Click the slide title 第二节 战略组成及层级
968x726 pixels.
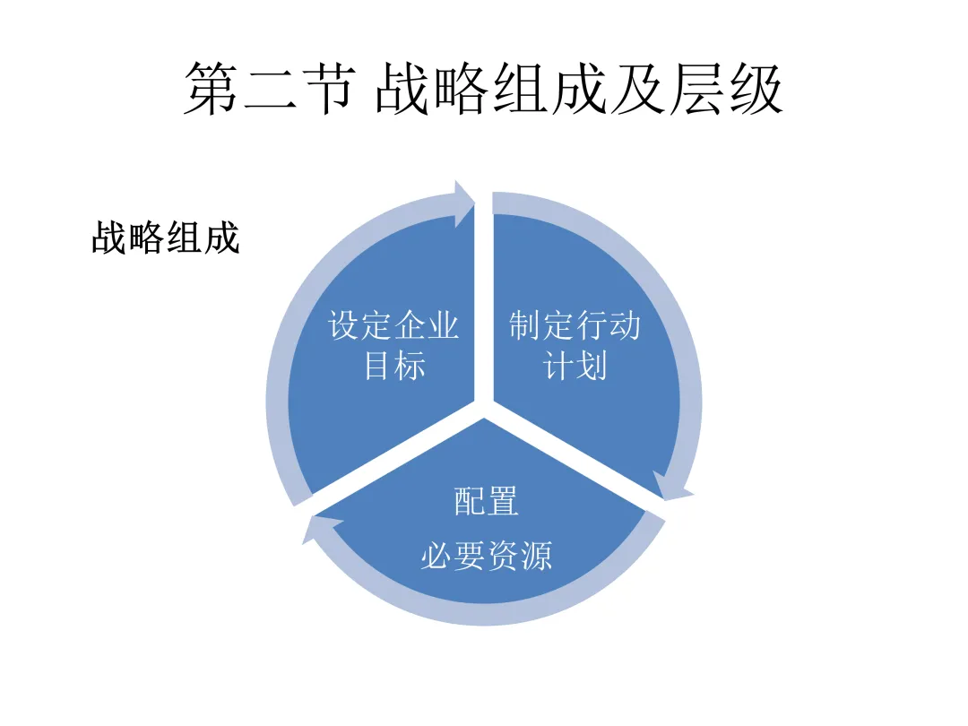pos(484,90)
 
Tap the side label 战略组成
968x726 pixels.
pos(166,239)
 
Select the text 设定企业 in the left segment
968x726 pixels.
pos(394,325)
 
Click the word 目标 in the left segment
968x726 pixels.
pos(394,366)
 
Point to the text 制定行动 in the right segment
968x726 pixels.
pos(575,325)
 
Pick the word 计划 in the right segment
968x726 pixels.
pos(575,366)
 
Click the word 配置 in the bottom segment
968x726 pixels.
pos(486,502)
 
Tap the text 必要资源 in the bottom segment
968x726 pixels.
pos(486,556)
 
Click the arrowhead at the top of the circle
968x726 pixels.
pos(465,203)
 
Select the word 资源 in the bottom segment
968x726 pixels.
pos(519,556)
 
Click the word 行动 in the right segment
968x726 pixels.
pos(609,325)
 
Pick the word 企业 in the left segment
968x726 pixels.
pos(428,325)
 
